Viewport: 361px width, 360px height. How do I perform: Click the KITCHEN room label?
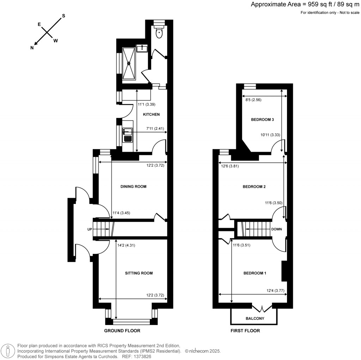pyautogui.click(x=151, y=115)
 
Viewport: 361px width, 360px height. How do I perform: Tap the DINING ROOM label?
pyautogui.click(x=133, y=187)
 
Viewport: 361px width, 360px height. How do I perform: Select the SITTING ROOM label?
pyautogui.click(x=139, y=273)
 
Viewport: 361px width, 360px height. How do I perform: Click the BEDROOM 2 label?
pyautogui.click(x=254, y=187)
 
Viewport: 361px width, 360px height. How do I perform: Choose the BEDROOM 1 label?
pyautogui.click(x=255, y=273)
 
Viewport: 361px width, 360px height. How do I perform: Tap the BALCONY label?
pyautogui.click(x=255, y=319)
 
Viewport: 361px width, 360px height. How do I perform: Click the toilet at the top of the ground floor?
pyautogui.click(x=159, y=32)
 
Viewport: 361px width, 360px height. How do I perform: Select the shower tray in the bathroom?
pyautogui.click(x=129, y=64)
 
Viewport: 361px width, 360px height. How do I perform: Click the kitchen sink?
pyautogui.click(x=127, y=134)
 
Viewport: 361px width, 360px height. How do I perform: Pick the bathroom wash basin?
pyautogui.click(x=143, y=48)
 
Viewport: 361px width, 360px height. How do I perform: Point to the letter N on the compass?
pyautogui.click(x=32, y=48)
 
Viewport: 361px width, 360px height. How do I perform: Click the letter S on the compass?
pyautogui.click(x=63, y=16)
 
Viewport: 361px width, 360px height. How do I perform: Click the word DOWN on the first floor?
pyautogui.click(x=276, y=229)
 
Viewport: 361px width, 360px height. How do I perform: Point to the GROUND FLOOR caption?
pyautogui.click(x=122, y=331)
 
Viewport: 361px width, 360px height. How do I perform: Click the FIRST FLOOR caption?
pyautogui.click(x=245, y=331)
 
